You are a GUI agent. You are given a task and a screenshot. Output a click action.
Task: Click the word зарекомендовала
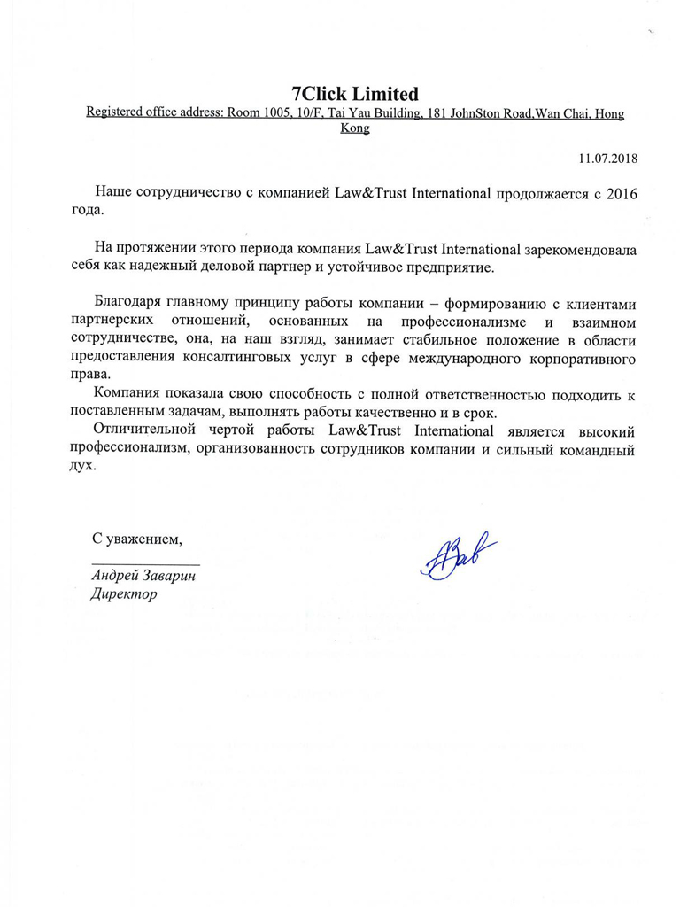(x=565, y=248)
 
